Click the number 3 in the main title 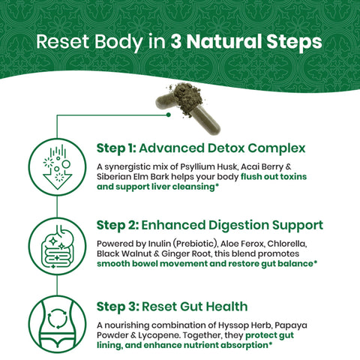pos(176,41)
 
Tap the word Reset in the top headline pos(63,41)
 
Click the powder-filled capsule pos(188,108)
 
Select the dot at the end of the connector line pos(169,115)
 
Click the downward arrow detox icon pos(58,167)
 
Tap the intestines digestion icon pos(58,246)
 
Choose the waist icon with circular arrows pos(58,324)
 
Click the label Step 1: pos(116,148)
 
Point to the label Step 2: pos(118,225)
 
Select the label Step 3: pos(118,307)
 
